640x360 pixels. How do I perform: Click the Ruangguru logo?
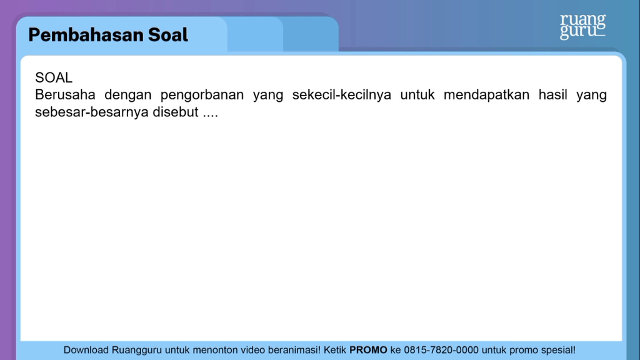(582, 26)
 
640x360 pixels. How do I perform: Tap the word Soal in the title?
(168, 35)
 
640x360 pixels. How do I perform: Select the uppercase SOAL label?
(54, 78)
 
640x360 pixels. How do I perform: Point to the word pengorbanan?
(202, 96)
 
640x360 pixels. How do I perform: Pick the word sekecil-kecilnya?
(342, 96)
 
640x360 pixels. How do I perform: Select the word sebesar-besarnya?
(92, 112)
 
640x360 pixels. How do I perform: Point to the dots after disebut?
(210, 115)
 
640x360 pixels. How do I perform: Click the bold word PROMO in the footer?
(368, 350)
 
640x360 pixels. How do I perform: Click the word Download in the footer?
(87, 350)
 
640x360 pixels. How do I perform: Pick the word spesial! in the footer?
(556, 350)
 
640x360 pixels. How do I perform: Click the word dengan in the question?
(128, 96)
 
